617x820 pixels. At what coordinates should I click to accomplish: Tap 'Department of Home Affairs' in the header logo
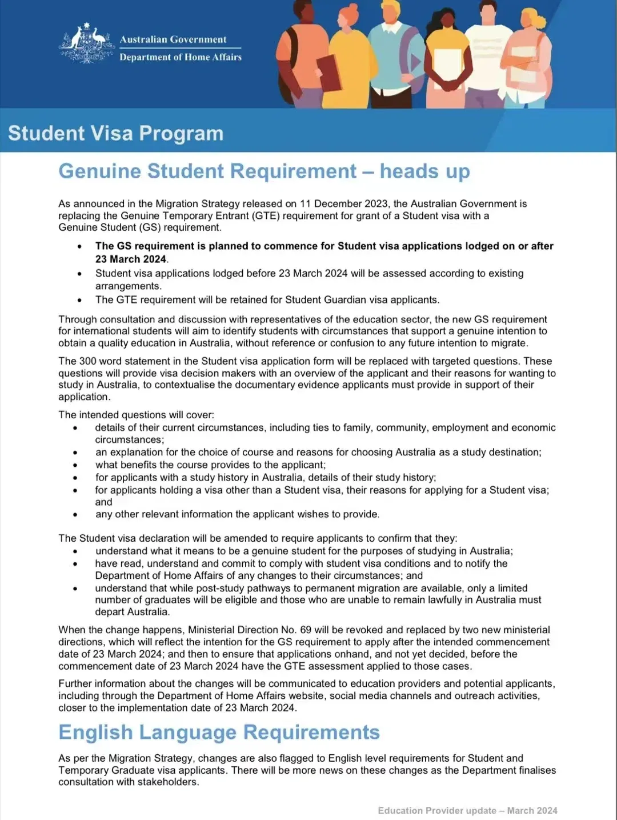click(181, 57)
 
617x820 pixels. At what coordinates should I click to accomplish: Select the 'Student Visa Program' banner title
click(115, 133)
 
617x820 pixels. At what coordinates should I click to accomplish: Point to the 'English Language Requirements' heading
click(219, 733)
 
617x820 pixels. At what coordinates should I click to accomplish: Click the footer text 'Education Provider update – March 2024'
click(467, 810)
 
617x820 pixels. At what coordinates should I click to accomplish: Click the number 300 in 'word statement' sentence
click(90, 361)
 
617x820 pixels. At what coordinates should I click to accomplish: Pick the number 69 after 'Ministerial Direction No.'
click(306, 630)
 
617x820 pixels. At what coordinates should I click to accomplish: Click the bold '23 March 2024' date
click(130, 259)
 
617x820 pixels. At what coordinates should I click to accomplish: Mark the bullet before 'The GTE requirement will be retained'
click(80, 300)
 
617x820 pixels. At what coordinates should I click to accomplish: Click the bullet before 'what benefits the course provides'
click(75, 465)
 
